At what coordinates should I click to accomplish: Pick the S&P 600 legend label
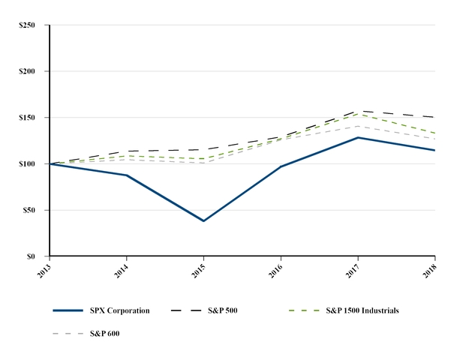click(104, 333)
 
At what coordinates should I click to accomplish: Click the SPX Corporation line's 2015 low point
click(203, 221)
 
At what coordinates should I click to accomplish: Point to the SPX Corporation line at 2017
click(358, 137)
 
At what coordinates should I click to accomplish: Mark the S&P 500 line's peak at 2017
click(358, 111)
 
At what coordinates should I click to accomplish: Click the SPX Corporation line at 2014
click(126, 175)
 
